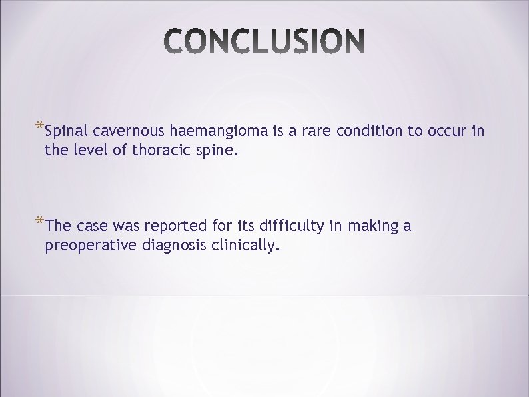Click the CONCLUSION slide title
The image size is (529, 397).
tap(264, 43)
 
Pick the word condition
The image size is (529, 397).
tap(370, 132)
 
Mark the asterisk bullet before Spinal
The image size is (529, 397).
tap(40, 127)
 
